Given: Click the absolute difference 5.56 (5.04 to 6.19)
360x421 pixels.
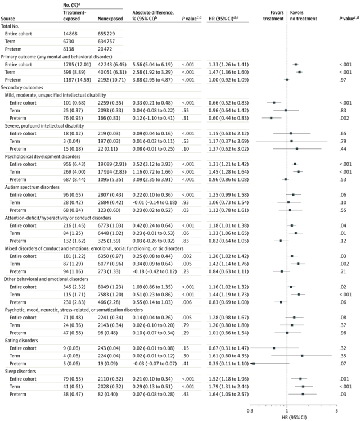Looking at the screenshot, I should tap(152, 65).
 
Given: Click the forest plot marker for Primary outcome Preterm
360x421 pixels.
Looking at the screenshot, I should tap(286, 80).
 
